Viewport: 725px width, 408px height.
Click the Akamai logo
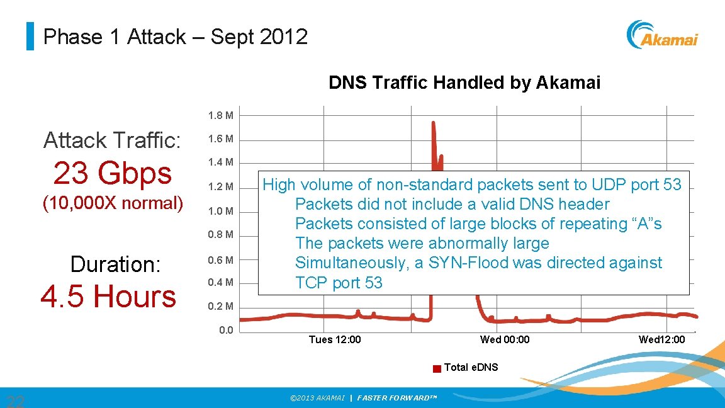(662, 35)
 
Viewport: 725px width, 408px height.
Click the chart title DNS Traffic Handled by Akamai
(464, 82)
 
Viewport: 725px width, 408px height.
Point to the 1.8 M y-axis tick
(221, 116)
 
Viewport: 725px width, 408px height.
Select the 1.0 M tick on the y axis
(221, 211)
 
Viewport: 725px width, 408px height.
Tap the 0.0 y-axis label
(226, 331)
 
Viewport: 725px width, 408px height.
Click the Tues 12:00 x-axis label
(335, 340)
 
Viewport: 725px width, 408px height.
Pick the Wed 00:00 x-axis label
(505, 340)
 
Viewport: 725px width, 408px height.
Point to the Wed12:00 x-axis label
(661, 340)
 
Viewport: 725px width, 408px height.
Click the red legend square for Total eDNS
(437, 369)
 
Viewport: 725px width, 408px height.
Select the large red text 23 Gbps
(112, 173)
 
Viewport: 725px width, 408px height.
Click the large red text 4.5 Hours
(108, 296)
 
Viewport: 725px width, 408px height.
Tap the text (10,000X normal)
(112, 203)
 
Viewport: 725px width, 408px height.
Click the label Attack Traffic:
(112, 140)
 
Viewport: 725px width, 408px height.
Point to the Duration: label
(115, 264)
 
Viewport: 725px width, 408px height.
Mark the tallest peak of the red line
(434, 123)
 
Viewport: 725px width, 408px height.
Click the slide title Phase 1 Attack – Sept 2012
(175, 37)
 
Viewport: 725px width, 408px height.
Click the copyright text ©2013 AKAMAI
(317, 398)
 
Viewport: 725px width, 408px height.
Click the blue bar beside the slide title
(30, 37)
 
